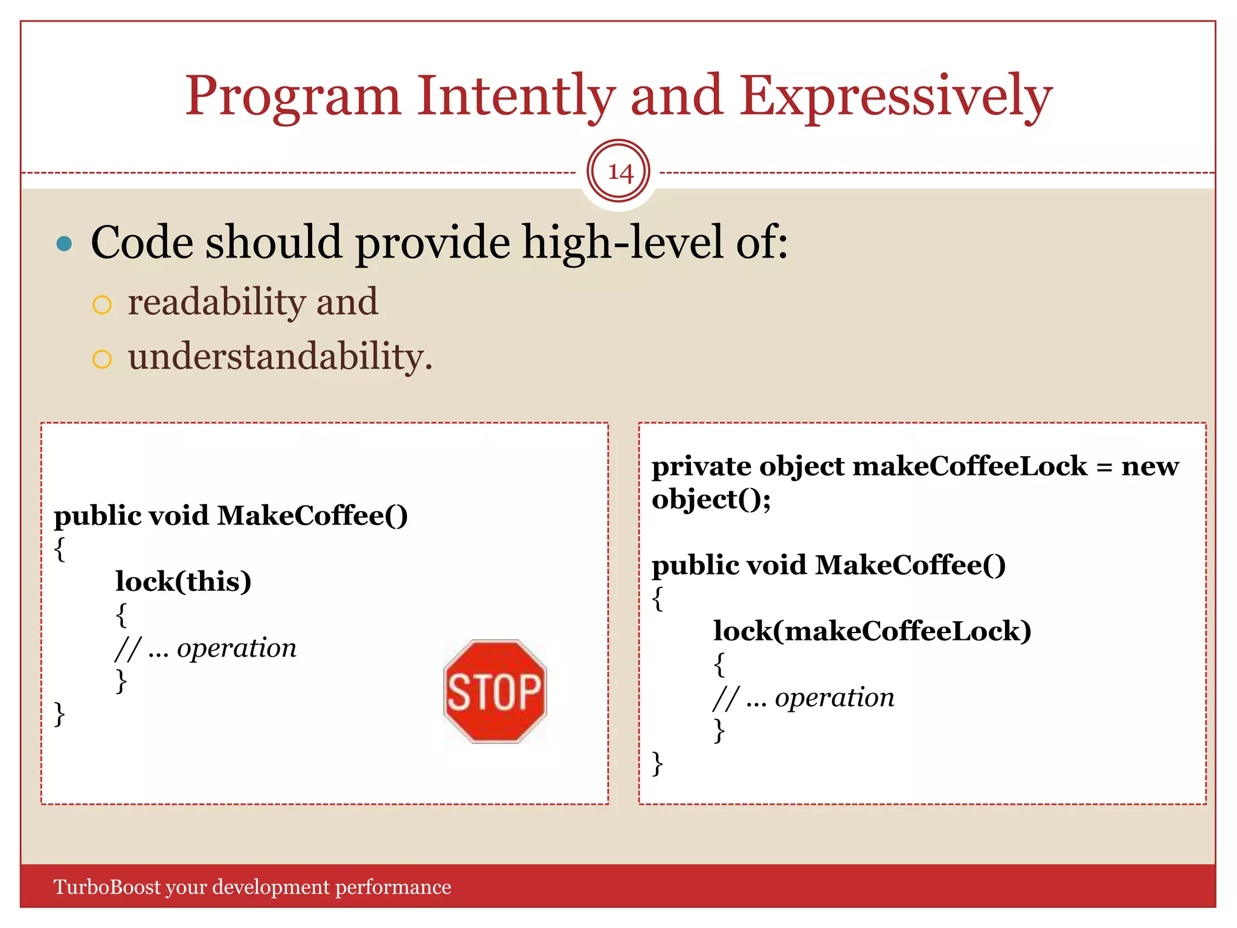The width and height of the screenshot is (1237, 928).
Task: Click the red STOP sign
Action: [495, 692]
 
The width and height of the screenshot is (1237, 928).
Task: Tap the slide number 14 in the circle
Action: [619, 172]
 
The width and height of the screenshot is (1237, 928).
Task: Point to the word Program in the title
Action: [293, 97]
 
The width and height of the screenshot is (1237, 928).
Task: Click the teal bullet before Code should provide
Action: [64, 244]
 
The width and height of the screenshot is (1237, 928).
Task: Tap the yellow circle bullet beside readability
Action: [102, 304]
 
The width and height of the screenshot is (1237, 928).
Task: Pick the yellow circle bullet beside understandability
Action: [102, 359]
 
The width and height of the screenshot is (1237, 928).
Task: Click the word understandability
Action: [280, 356]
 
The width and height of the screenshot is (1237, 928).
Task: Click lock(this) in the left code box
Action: [184, 581]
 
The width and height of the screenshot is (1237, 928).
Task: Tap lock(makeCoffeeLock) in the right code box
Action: [872, 631]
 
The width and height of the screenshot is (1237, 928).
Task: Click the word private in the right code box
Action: [701, 466]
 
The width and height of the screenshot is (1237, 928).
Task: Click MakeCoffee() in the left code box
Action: [312, 516]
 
